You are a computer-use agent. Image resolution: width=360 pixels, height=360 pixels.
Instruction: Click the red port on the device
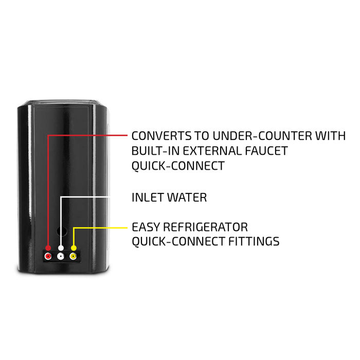click(48, 256)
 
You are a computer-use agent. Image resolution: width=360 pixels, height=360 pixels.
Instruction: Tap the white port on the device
click(61, 256)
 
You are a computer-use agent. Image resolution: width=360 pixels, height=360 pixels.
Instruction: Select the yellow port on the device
click(73, 256)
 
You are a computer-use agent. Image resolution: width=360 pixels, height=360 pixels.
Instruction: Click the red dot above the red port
click(48, 248)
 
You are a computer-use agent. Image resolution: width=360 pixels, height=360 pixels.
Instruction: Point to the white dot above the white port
click(61, 248)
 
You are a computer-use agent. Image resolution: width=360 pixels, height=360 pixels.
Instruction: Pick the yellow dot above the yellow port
click(74, 248)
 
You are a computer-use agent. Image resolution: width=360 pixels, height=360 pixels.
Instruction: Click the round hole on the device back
click(62, 231)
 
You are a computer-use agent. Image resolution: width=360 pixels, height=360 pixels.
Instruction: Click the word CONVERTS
click(161, 136)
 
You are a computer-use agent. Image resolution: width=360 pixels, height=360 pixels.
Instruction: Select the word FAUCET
click(266, 151)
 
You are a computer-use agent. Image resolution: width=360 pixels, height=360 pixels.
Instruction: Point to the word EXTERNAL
click(212, 151)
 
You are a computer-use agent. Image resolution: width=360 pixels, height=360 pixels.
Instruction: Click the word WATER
click(187, 197)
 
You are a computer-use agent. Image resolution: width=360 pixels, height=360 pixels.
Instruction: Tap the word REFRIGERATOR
click(206, 227)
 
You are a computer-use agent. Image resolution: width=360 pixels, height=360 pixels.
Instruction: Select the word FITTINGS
click(254, 241)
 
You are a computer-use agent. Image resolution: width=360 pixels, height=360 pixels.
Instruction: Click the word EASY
click(146, 227)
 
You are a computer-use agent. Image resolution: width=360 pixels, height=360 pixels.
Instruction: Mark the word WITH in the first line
click(330, 136)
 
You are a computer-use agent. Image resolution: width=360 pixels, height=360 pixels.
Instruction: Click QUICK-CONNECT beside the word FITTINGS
click(178, 242)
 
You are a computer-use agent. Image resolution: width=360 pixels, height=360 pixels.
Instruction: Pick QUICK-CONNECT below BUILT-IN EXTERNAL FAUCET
click(178, 166)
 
